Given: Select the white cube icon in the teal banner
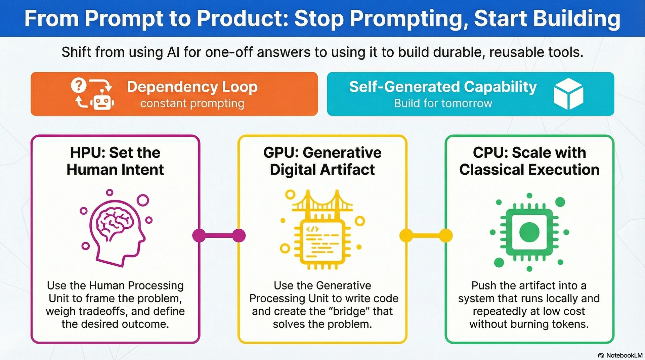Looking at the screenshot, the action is [568, 94].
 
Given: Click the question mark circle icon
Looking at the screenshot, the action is [79, 86].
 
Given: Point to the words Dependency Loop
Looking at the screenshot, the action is [192, 87].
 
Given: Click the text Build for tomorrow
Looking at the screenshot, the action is [443, 103].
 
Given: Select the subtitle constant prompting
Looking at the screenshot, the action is [192, 103].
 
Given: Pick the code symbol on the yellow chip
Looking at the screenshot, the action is [312, 229].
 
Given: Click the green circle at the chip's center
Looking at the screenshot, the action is [529, 232].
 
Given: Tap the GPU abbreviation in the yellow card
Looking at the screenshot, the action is [281, 153].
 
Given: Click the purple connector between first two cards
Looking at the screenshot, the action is [219, 235].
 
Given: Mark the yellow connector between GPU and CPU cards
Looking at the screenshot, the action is [426, 235].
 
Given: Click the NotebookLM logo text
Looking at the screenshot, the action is [624, 355].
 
